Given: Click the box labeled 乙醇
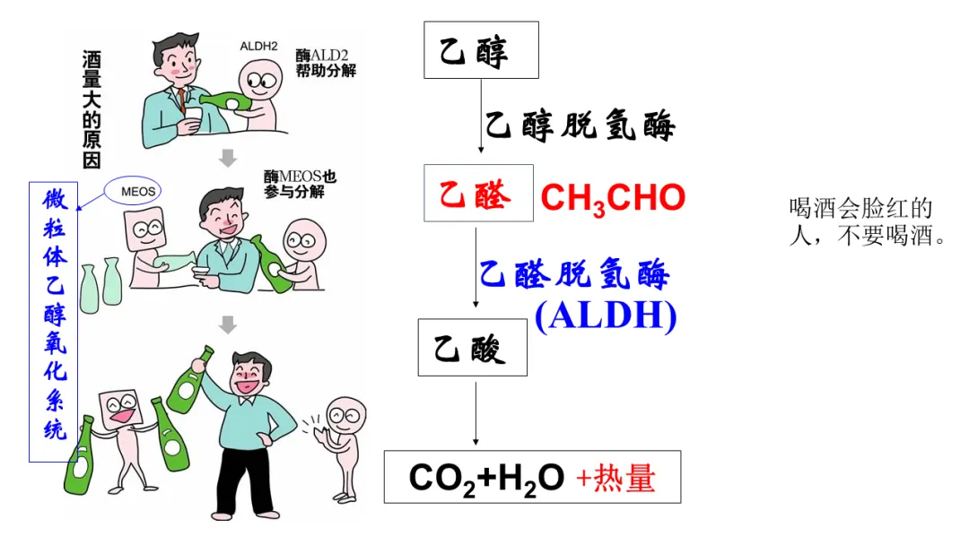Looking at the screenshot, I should click(481, 50).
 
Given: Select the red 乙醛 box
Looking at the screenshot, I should click(478, 193).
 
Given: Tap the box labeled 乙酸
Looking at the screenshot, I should click(472, 347).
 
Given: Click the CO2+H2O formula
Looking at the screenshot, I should click(486, 478).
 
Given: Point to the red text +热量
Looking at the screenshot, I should click(615, 478).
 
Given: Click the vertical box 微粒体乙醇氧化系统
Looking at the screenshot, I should click(54, 321).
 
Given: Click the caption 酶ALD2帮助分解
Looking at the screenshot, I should click(325, 63).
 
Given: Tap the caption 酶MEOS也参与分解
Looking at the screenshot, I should click(300, 184).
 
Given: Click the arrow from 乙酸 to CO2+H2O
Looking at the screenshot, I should click(476, 412).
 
